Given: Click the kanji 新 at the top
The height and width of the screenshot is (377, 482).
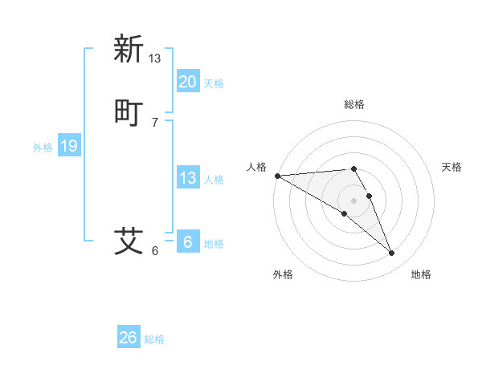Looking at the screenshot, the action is pyautogui.click(x=129, y=49).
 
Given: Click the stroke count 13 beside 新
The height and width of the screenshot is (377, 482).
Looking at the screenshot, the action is pyautogui.click(x=155, y=58).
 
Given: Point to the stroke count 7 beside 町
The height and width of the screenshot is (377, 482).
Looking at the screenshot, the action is pyautogui.click(x=155, y=122).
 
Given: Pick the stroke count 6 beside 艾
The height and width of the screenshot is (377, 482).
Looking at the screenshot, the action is pyautogui.click(x=155, y=250).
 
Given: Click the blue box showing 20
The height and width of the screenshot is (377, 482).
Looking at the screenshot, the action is pyautogui.click(x=187, y=81).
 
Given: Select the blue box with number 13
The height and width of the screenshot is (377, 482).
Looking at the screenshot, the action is pyautogui.click(x=187, y=178).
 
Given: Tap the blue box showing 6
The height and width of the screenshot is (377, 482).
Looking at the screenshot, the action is pyautogui.click(x=187, y=242).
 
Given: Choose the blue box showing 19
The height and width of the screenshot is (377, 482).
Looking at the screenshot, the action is pyautogui.click(x=69, y=146).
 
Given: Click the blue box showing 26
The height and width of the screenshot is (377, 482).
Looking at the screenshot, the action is pyautogui.click(x=129, y=338).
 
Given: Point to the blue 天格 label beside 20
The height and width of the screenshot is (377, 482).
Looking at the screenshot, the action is pyautogui.click(x=214, y=83).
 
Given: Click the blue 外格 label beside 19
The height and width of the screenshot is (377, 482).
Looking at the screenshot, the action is pyautogui.click(x=43, y=148).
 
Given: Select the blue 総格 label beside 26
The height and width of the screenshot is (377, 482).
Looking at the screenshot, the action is pyautogui.click(x=154, y=339).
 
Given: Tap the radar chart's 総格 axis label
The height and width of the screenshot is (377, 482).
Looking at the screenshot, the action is pyautogui.click(x=354, y=104).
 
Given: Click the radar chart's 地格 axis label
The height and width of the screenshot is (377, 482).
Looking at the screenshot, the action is pyautogui.click(x=421, y=274).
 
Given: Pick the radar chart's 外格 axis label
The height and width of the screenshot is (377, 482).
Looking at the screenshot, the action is pyautogui.click(x=283, y=274).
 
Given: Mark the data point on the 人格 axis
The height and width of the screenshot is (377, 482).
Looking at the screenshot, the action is pyautogui.click(x=277, y=176).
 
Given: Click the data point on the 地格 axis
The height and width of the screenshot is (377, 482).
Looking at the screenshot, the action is pyautogui.click(x=391, y=253).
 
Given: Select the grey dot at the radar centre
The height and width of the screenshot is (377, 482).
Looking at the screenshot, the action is pyautogui.click(x=354, y=200).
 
